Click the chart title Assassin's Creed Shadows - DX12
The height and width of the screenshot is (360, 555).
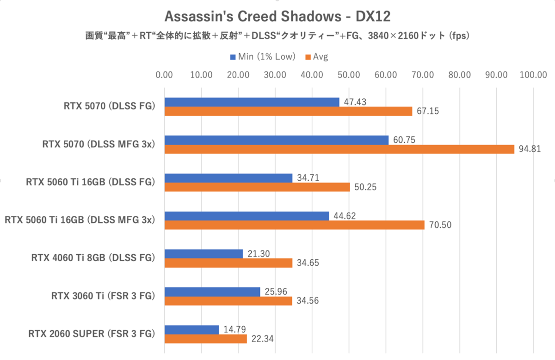click(277, 17)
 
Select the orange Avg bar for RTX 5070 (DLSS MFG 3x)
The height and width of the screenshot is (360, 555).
click(339, 149)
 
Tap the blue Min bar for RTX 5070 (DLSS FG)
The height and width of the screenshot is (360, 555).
click(252, 102)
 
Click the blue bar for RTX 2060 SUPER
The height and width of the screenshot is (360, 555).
click(191, 329)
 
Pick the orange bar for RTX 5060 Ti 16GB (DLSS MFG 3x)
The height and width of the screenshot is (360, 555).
click(294, 225)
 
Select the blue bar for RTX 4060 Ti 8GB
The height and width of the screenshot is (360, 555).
click(203, 254)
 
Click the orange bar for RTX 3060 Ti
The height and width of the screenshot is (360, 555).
click(228, 301)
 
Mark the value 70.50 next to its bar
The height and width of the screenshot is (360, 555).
click(440, 225)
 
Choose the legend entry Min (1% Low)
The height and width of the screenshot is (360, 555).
click(262, 57)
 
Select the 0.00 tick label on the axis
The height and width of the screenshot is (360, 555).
click(165, 75)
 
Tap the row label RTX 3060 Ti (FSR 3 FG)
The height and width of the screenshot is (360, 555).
click(103, 296)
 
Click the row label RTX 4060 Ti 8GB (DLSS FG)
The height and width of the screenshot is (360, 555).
click(92, 258)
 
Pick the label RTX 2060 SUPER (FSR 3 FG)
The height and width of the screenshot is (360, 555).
click(91, 334)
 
